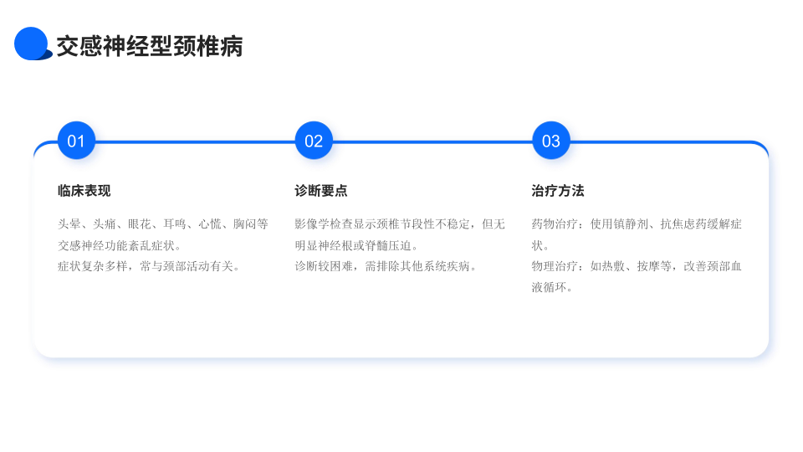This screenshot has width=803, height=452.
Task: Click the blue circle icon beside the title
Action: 32,44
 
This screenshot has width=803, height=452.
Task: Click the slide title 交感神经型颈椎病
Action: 149,46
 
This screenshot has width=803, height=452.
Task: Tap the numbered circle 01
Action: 76,141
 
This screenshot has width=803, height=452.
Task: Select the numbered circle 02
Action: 314,141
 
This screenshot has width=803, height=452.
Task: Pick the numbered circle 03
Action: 551,141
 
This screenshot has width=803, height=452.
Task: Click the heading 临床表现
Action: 84,191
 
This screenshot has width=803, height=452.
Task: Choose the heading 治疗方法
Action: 558,191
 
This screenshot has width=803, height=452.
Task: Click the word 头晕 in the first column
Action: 69,224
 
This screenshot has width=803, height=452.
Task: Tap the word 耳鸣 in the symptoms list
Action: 175,224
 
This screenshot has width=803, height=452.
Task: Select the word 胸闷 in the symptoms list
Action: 245,224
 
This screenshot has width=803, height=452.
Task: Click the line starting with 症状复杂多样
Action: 149,267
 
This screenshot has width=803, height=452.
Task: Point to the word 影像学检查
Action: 324,224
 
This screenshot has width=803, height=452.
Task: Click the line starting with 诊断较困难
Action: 386,267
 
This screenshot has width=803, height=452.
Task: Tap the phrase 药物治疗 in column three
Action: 555,224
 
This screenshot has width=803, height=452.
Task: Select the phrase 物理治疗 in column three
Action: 555,267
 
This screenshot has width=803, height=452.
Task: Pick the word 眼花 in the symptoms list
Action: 140,224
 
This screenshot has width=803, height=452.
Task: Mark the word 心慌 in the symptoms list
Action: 210,224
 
